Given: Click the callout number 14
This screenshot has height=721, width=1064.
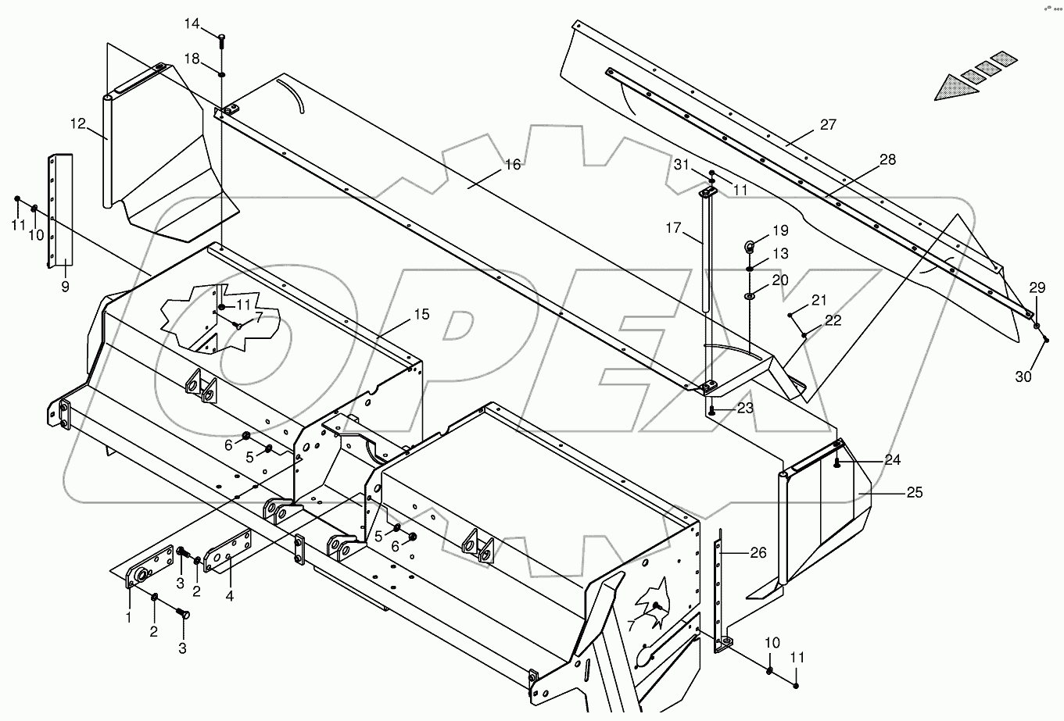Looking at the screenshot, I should [x=192, y=24].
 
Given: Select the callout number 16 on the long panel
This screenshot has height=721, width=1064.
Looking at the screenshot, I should [x=512, y=164].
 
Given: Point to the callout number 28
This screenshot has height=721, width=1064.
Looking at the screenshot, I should [x=887, y=159].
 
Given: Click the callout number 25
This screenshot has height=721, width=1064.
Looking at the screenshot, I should [x=914, y=492].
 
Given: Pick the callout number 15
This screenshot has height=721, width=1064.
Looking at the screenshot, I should [x=421, y=314].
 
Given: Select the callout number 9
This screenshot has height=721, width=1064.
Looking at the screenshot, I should [x=65, y=286].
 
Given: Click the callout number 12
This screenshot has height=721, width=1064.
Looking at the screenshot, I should [x=77, y=123].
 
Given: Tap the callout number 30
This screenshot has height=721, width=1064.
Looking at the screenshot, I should [x=1023, y=377].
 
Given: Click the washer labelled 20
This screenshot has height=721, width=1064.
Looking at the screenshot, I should [x=750, y=297].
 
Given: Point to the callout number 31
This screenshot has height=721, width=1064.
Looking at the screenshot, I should [x=681, y=164].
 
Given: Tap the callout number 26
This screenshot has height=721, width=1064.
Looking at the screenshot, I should [x=758, y=552].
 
